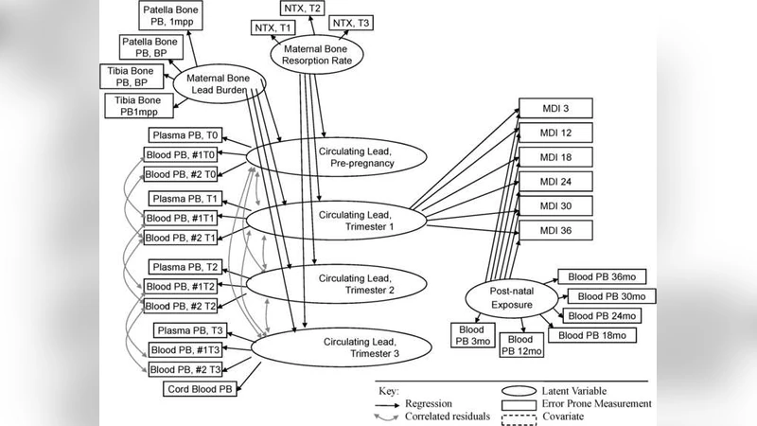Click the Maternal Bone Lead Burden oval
coord(218,84)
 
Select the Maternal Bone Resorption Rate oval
coord(313,56)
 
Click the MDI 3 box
coord(555,108)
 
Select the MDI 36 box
coord(555,230)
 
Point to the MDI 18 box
coord(555,157)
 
